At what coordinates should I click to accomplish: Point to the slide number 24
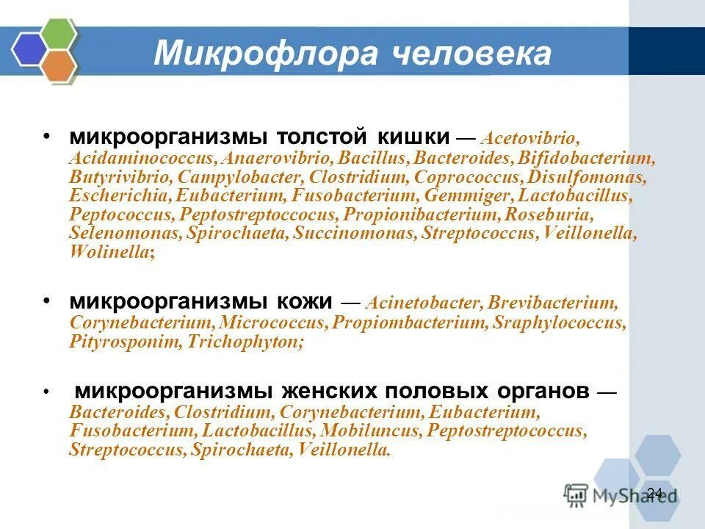(655, 492)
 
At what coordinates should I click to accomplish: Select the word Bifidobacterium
(585, 158)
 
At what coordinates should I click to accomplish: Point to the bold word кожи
(304, 301)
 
